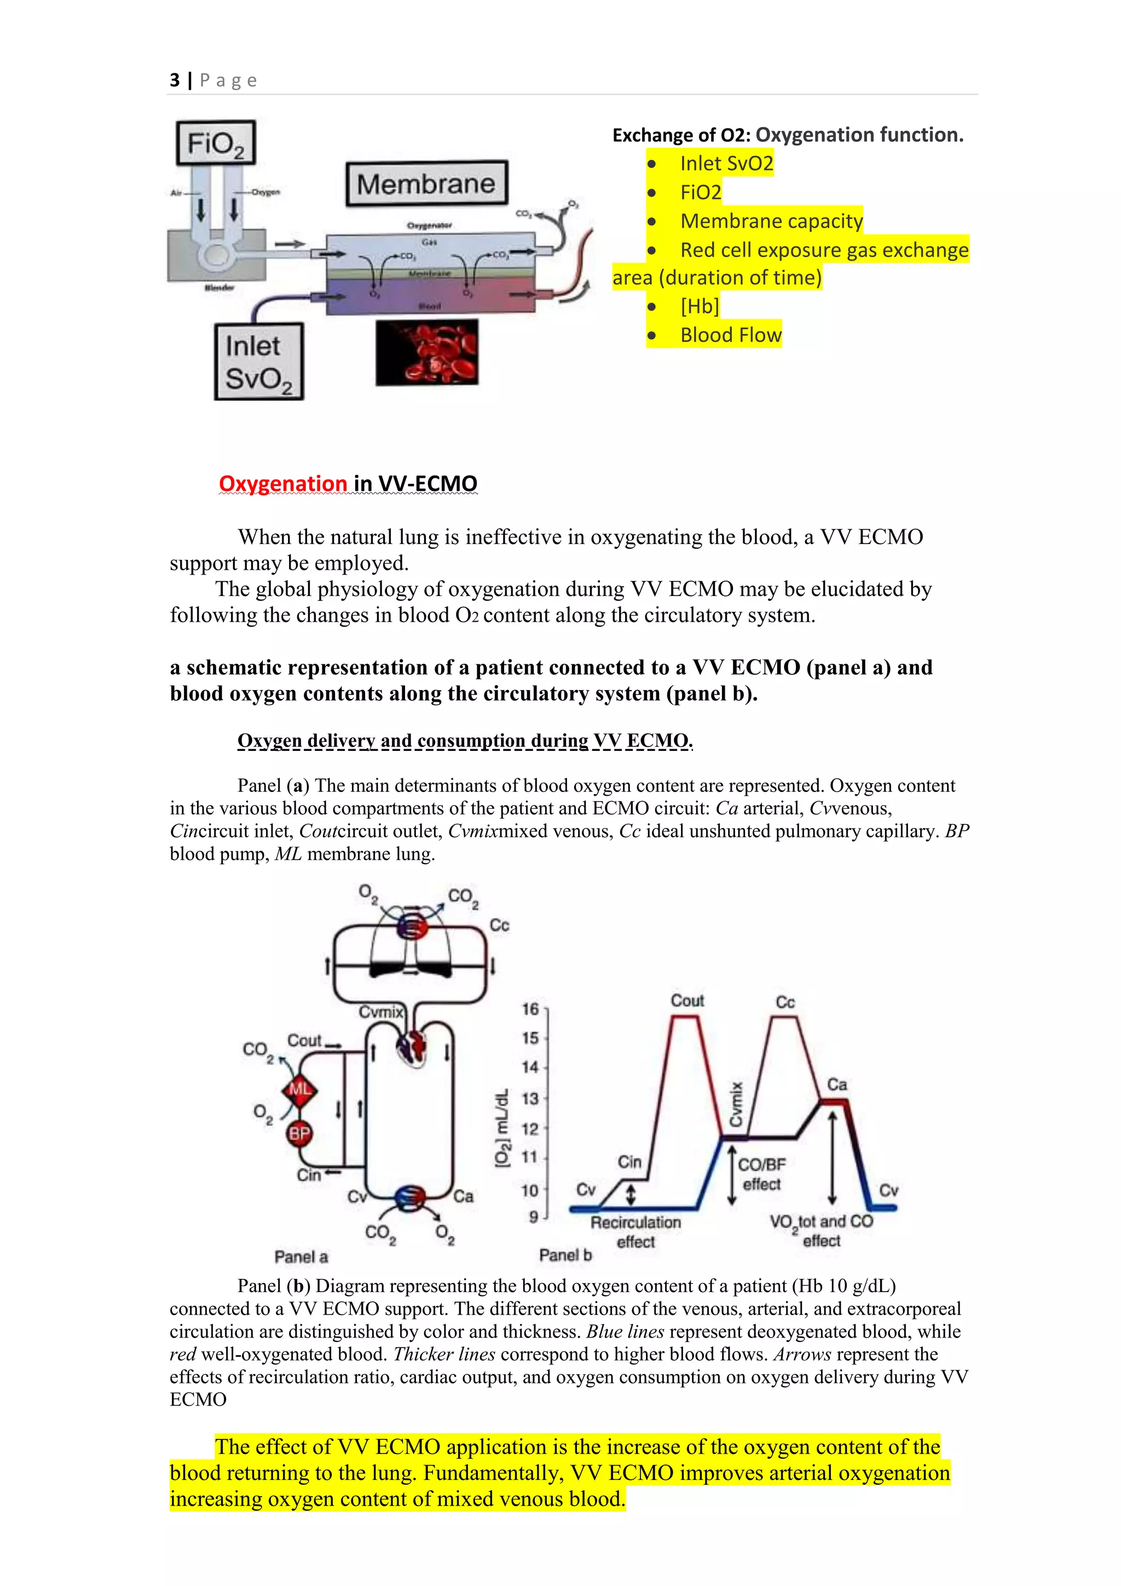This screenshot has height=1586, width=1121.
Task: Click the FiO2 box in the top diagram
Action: [x=216, y=143]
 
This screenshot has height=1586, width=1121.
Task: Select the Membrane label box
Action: [x=426, y=184]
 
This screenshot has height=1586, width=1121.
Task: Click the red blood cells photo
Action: [x=427, y=352]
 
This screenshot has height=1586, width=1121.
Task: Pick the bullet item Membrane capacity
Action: [x=771, y=221]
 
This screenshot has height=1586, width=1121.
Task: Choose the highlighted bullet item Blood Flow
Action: [x=730, y=335]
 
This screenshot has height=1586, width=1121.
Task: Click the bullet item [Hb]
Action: [x=699, y=306]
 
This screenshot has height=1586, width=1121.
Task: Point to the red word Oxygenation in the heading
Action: [x=283, y=484]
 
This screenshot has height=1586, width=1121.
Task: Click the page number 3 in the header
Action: [x=175, y=81]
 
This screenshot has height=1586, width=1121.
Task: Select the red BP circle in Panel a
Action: [x=299, y=1133]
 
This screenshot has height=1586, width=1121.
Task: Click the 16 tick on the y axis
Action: [x=530, y=1009]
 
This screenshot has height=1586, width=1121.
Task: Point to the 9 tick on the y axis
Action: [x=533, y=1217]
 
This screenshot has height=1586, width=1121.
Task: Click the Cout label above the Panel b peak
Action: [x=687, y=1000]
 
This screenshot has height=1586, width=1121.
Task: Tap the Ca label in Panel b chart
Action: [x=837, y=1085]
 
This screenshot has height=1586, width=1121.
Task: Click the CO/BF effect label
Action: [x=761, y=1174]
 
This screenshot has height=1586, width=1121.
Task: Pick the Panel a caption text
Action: [x=301, y=1257]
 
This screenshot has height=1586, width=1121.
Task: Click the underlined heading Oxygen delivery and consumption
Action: [x=464, y=741]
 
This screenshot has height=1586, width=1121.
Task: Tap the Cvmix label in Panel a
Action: [x=380, y=1012]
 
